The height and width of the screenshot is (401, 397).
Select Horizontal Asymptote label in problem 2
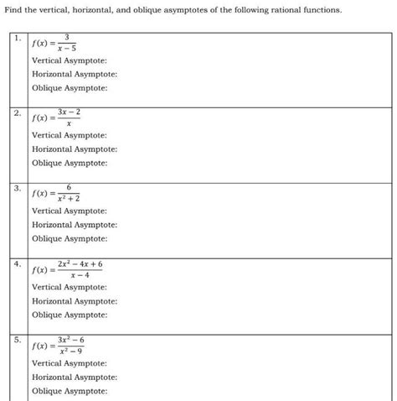pos(74,149)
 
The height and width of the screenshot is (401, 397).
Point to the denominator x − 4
pos(80,275)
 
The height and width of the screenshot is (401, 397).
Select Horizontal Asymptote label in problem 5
pos(74,377)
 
